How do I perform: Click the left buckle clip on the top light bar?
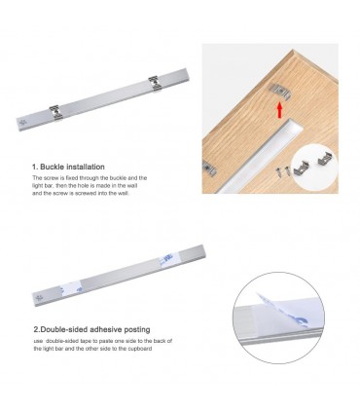(x=50, y=109)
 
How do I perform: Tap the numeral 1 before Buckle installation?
(x=35, y=167)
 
